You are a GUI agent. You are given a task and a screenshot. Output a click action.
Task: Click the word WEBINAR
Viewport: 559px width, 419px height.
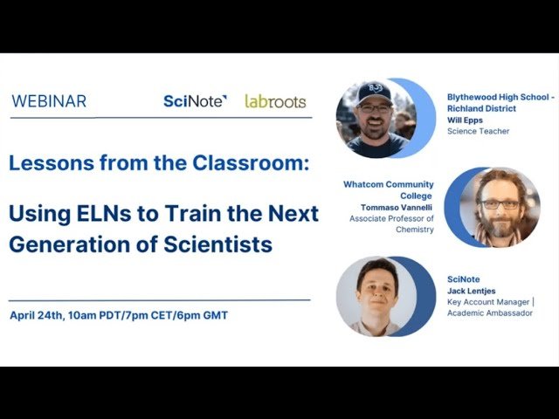coord(49,101)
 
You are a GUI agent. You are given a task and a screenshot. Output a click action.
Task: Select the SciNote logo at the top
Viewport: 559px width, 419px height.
coord(195,101)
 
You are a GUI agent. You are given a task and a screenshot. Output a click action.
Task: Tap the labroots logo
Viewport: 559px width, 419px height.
coord(275,101)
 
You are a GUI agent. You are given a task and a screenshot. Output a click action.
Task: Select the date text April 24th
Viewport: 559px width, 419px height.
coord(36,315)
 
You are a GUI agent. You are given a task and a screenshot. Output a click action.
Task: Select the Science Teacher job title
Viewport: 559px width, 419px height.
coord(478,132)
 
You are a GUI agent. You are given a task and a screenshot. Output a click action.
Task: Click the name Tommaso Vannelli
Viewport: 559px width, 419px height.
coord(393,207)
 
